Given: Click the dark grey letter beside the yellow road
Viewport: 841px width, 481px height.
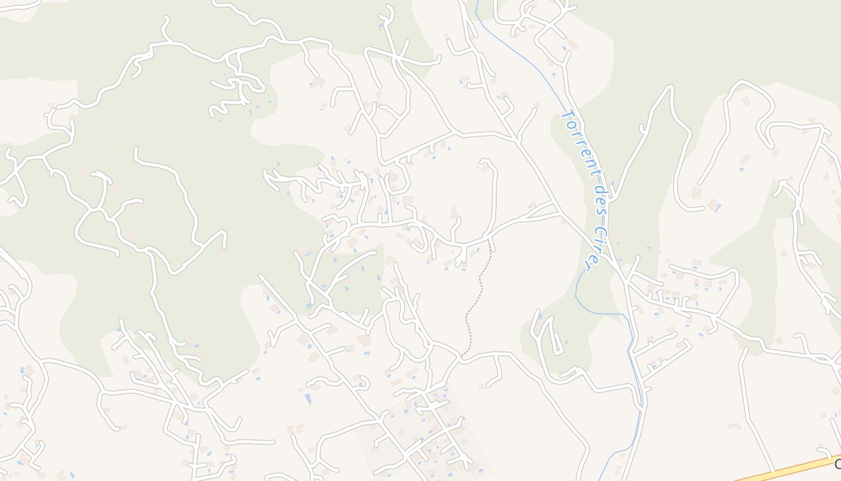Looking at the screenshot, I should [837, 464].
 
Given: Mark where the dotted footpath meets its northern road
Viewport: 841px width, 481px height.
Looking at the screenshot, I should [490, 239].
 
